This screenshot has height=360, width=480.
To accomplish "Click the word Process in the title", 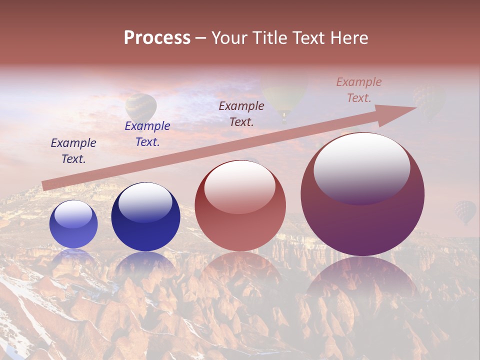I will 157,37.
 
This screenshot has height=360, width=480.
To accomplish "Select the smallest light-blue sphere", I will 73,224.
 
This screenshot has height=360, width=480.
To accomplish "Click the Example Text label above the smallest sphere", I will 73,151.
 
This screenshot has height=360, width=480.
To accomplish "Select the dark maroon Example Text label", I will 241,113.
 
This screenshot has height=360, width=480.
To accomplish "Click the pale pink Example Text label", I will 359,90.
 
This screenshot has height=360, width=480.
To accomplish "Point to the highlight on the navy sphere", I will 145,201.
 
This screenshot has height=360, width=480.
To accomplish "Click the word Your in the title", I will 229,37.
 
